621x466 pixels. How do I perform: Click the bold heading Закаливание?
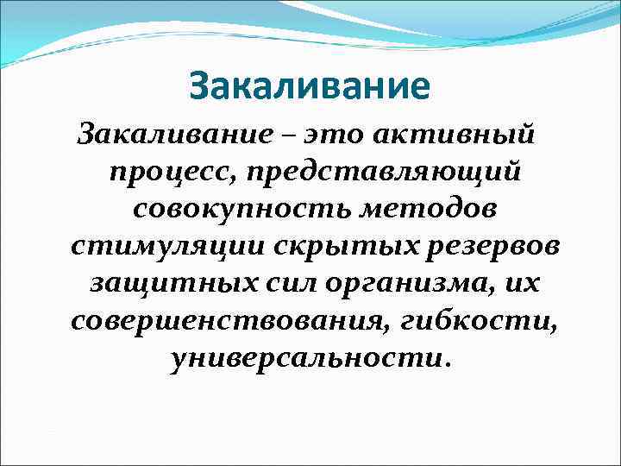click(309, 86)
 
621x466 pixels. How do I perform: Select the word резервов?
click(486, 246)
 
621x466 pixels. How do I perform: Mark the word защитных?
click(156, 283)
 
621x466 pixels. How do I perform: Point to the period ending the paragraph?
click(446, 363)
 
